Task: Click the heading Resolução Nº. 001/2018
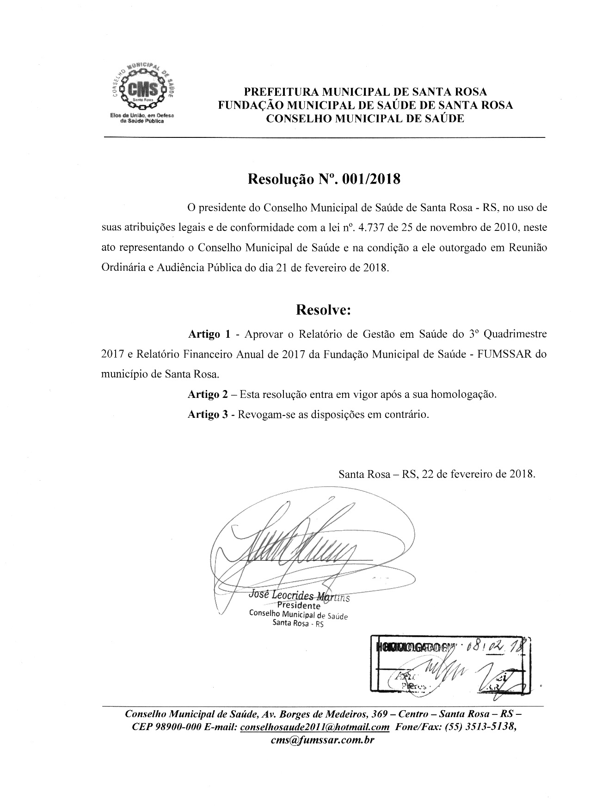coord(324,179)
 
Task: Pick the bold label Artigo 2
coord(208,395)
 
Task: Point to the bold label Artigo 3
coord(208,415)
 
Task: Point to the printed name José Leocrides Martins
coord(299,596)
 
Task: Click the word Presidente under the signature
coord(299,606)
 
